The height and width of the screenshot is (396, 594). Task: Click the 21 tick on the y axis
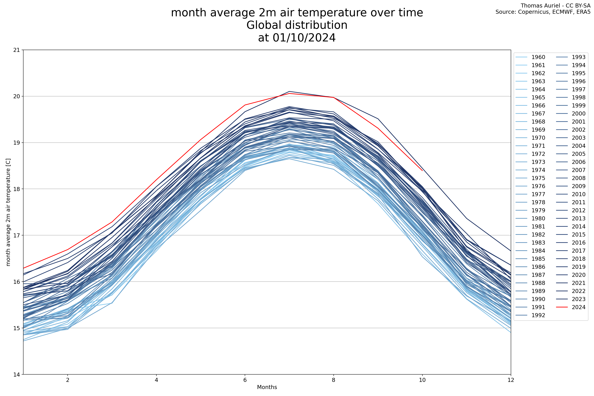coord(17,50)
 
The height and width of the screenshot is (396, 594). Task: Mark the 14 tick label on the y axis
coord(17,374)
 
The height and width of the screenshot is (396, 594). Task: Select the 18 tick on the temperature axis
coord(17,189)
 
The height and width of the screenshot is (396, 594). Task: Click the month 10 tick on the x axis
coord(422,380)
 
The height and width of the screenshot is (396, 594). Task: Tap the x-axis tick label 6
coord(245,380)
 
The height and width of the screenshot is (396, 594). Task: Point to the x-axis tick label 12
coord(511,380)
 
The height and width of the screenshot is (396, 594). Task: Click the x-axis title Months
coord(267,387)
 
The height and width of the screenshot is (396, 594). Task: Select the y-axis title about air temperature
coord(8,212)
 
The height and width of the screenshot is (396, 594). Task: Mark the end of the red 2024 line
coord(422,170)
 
